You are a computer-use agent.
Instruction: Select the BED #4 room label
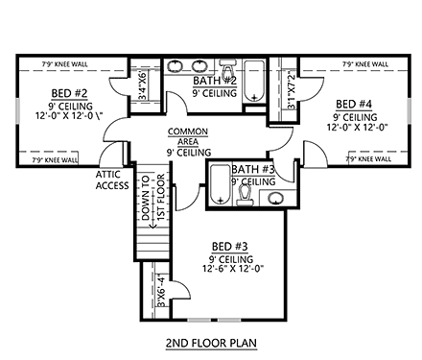(x=353, y=103)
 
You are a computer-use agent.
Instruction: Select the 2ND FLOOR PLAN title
(x=211, y=340)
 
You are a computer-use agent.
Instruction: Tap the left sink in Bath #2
(x=177, y=67)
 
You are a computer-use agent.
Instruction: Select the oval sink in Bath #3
(x=276, y=200)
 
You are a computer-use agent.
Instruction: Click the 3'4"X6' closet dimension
(x=144, y=83)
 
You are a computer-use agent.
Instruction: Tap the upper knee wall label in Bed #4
(x=365, y=66)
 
